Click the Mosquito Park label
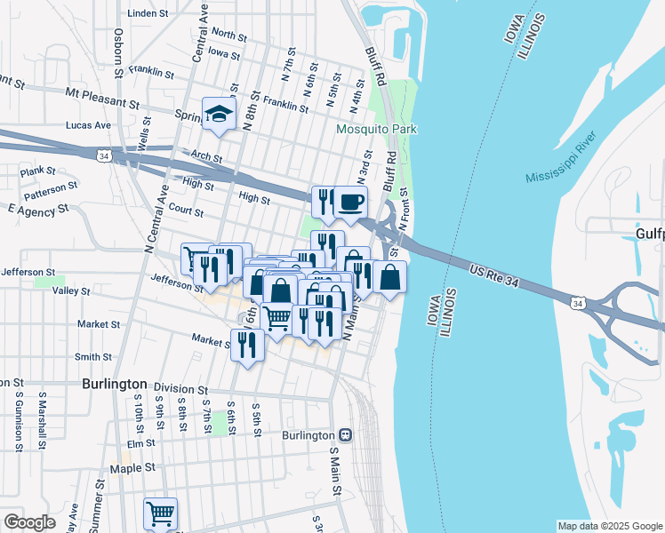tap(376, 130)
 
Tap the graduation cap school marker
tap(217, 115)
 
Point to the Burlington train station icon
tap(344, 435)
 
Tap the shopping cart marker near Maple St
tap(160, 513)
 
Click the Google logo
tap(29, 522)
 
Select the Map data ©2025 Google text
tap(609, 526)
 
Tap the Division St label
tap(180, 389)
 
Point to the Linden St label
tap(148, 14)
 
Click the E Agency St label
tap(37, 210)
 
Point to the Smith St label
tap(92, 357)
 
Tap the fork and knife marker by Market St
tap(246, 345)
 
